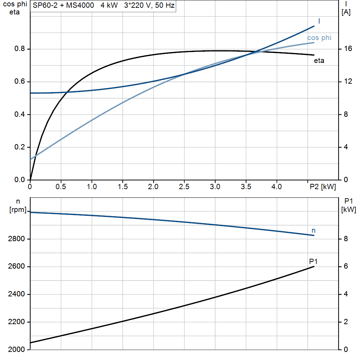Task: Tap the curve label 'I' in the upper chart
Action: (x=319, y=21)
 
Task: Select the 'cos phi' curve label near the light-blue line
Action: (x=319, y=38)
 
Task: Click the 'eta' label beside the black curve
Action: (x=319, y=61)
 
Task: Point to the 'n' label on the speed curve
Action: (x=314, y=231)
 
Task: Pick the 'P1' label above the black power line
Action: (x=313, y=261)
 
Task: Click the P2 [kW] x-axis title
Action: (x=322, y=187)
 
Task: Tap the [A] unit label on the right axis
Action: (x=346, y=12)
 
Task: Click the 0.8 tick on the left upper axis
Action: (x=19, y=49)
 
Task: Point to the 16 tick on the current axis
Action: (x=348, y=49)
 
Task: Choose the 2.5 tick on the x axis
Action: (x=184, y=187)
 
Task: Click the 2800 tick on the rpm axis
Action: (x=16, y=239)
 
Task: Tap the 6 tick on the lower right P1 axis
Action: (x=346, y=267)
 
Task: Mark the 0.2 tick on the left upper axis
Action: (x=19, y=147)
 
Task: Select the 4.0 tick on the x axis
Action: (x=277, y=187)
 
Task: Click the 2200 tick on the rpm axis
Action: (x=16, y=322)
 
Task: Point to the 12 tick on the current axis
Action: (x=348, y=82)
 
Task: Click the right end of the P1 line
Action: (x=314, y=266)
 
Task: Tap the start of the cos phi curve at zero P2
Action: (x=31, y=160)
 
